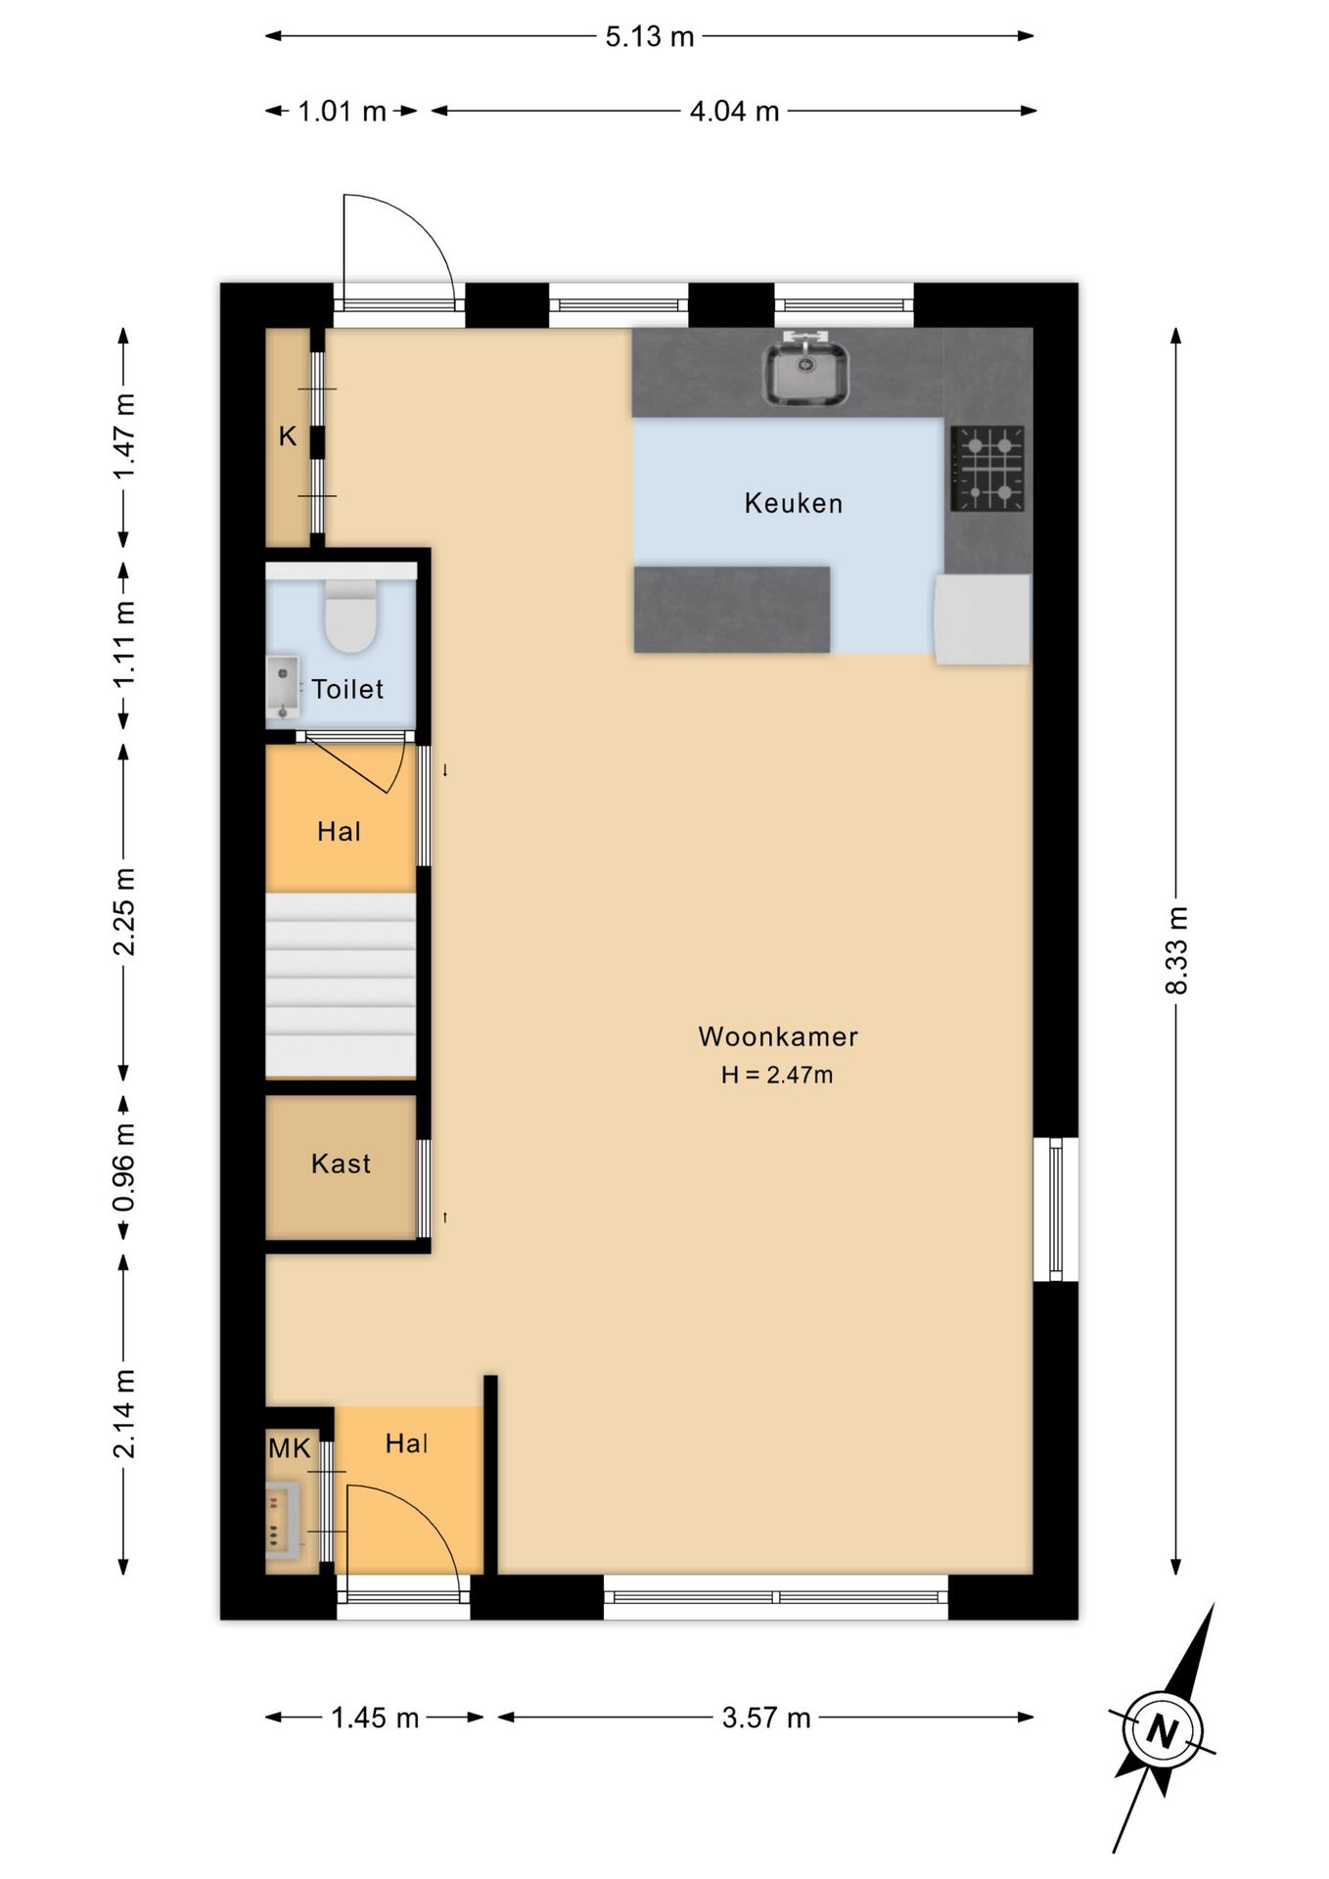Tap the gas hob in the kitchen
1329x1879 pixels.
tap(987, 469)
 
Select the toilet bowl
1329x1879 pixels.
tap(350, 617)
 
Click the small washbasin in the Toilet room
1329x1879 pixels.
tap(283, 687)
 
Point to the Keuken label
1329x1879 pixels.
tap(794, 503)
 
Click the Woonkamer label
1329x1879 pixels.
tap(778, 1036)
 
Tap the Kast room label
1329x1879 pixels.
tap(341, 1164)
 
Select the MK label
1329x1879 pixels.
tap(290, 1448)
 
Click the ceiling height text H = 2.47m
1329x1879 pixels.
tap(777, 1075)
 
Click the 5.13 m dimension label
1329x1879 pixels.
tap(650, 37)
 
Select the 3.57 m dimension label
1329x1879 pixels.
tap(766, 1718)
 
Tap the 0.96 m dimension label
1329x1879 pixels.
tap(123, 1167)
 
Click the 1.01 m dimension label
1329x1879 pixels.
tap(342, 112)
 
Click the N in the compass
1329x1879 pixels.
tap(1162, 1733)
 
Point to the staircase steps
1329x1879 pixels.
tap(341, 985)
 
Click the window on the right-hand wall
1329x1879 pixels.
tap(1056, 1209)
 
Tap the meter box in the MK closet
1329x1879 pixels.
tap(283, 1520)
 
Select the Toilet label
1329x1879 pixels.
tap(347, 689)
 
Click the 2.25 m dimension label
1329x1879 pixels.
tap(123, 911)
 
